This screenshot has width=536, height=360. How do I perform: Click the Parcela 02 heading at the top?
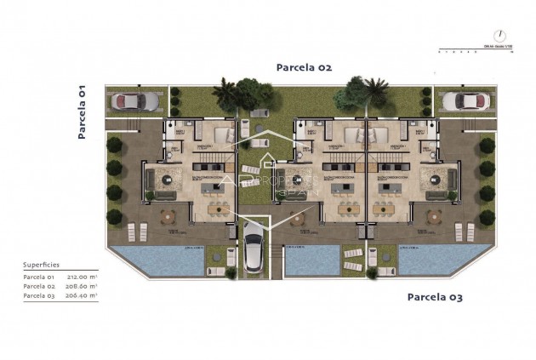point(303,66)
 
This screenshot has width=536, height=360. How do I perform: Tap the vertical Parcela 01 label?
point(83,111)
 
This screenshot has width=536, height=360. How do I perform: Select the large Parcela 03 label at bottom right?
point(436,297)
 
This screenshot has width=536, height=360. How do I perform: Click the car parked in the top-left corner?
point(134,101)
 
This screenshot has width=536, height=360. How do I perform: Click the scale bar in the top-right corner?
point(473,49)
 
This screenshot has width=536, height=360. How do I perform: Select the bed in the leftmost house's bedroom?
point(224,134)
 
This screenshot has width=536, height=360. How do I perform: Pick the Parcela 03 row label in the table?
point(39,295)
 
